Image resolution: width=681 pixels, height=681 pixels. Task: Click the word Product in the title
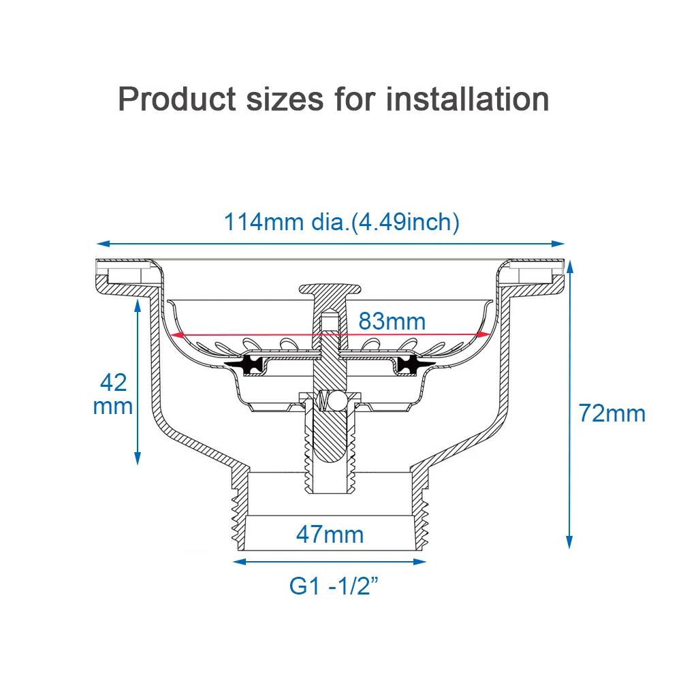tap(177, 99)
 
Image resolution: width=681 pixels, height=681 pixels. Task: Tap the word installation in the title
tap(467, 99)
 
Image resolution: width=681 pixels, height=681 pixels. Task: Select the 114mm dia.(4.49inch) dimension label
tap(341, 222)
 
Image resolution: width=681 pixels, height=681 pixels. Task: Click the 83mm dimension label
tap(392, 321)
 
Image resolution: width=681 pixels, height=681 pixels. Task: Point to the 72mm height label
tap(612, 413)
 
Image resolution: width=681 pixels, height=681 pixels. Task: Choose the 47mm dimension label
tap(330, 534)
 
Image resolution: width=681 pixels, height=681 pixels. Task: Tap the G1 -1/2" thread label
tap(334, 586)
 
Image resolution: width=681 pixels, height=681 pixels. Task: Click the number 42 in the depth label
tap(113, 382)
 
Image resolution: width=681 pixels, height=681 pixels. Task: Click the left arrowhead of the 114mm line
tap(103, 244)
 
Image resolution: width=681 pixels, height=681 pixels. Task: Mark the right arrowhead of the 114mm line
tap(558, 244)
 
